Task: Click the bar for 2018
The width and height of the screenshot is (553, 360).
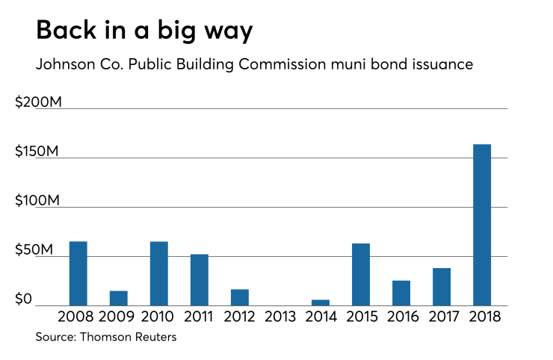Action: coord(482,224)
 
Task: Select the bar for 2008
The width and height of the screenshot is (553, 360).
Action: coord(78,273)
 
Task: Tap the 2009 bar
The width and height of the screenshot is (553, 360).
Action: coord(118,298)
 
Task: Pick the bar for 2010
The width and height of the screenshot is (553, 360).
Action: coord(158,273)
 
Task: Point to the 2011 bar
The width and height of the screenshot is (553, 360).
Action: coord(199,280)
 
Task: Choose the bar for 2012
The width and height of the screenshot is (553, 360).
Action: coord(239,297)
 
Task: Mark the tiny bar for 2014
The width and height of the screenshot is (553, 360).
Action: coord(321,302)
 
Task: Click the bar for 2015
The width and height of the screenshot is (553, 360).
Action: coord(361,274)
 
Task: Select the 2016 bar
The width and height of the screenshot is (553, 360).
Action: coord(401,293)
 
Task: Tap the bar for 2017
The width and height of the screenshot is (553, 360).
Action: coord(442,287)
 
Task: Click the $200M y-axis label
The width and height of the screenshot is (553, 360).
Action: coord(38,102)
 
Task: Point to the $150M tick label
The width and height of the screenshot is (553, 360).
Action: coord(37,152)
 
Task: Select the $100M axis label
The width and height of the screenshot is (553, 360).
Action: coord(37,202)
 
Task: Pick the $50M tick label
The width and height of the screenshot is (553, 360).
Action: coord(34,250)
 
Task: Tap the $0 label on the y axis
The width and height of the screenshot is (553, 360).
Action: coord(25,300)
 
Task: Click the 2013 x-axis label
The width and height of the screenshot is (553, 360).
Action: coord(280,317)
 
